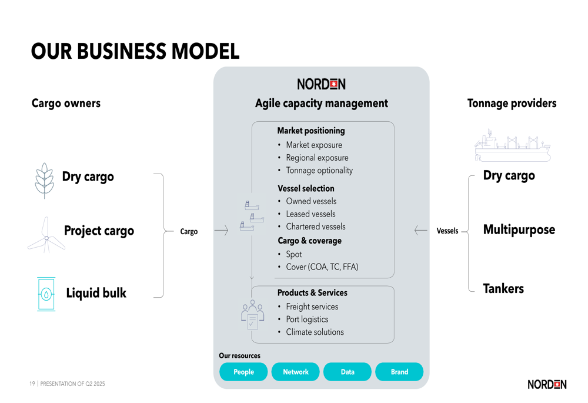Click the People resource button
tap(243, 371)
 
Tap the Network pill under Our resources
tap(296, 371)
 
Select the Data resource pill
tap(348, 371)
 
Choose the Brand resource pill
tap(399, 371)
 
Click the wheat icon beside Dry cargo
tap(45, 181)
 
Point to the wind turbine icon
tap(46, 235)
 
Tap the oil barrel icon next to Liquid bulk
tap(46, 294)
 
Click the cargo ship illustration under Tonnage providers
tap(513, 146)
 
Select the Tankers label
tap(503, 288)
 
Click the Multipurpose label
tap(519, 229)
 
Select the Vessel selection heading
tap(306, 188)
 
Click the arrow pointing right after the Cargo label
tap(221, 230)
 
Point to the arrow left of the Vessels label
tap(421, 230)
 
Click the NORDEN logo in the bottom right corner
tap(547, 384)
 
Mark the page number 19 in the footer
tap(32, 384)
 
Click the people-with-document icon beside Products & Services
tap(252, 315)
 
